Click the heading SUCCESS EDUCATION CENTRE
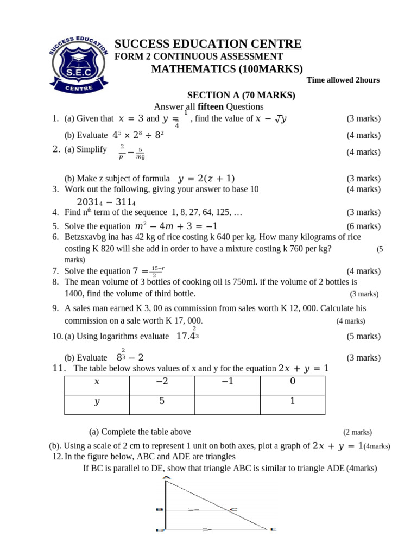click(x=208, y=44)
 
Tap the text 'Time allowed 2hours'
click(x=343, y=80)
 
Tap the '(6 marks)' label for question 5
click(x=363, y=226)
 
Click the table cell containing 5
click(x=162, y=402)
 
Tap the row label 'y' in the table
click(x=97, y=402)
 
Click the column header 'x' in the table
click(x=97, y=382)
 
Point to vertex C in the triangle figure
click(x=233, y=510)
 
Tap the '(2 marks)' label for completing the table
click(x=357, y=432)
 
